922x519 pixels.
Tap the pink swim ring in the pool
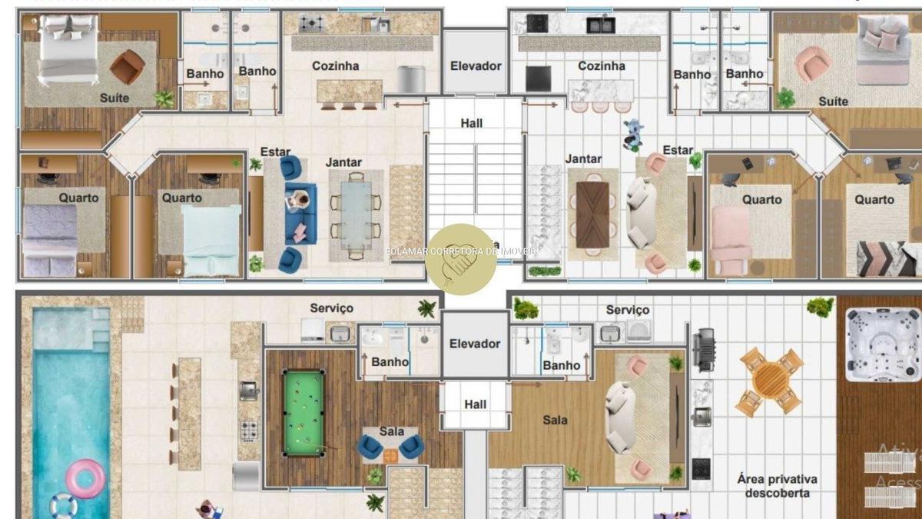(85, 478)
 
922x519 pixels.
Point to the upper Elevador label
(476, 66)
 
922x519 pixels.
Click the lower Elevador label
(475, 344)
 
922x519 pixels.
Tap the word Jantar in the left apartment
(343, 162)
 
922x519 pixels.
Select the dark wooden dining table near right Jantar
(592, 215)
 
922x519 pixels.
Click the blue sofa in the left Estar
(300, 213)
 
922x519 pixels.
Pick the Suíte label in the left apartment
(114, 98)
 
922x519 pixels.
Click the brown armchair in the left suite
(127, 67)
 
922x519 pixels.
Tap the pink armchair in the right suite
(812, 64)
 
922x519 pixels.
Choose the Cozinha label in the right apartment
(601, 66)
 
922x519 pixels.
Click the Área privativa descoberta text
(777, 486)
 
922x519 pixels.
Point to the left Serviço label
(331, 308)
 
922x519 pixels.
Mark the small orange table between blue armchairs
(391, 455)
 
